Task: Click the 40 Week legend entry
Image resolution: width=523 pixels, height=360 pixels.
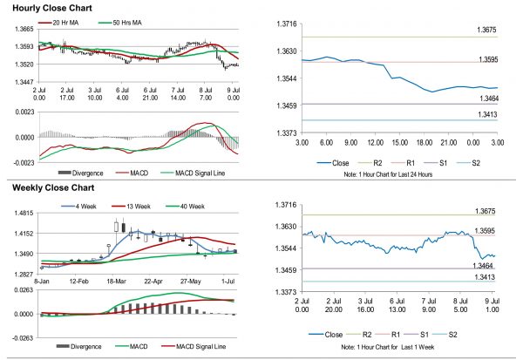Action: [190, 206]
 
